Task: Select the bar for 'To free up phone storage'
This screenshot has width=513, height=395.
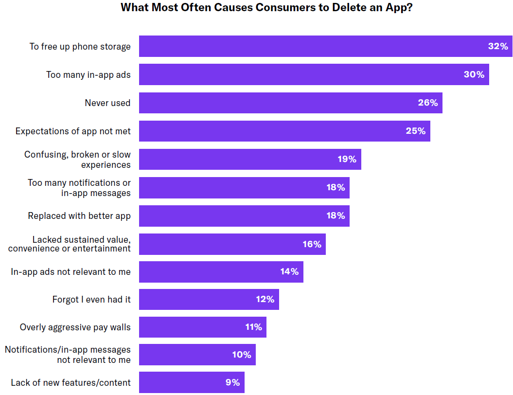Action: click(x=311, y=46)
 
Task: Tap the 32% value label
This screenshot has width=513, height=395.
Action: click(x=498, y=46)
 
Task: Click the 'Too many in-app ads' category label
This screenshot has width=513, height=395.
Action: click(x=88, y=74)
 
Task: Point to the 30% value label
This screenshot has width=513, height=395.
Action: click(x=474, y=74)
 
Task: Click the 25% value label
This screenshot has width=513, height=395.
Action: click(x=416, y=131)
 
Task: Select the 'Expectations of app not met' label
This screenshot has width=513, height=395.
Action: click(x=73, y=131)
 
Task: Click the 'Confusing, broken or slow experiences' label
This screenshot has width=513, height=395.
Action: click(x=78, y=159)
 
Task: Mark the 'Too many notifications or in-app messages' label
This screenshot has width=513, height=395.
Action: click(x=79, y=187)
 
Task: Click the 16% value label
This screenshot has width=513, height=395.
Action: click(x=312, y=244)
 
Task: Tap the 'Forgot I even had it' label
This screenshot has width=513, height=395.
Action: click(x=91, y=300)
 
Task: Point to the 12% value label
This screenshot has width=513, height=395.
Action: click(x=265, y=299)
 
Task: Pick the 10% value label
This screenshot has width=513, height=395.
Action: click(x=242, y=355)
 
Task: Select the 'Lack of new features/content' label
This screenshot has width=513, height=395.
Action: click(x=71, y=383)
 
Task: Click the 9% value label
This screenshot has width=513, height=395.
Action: click(x=233, y=383)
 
